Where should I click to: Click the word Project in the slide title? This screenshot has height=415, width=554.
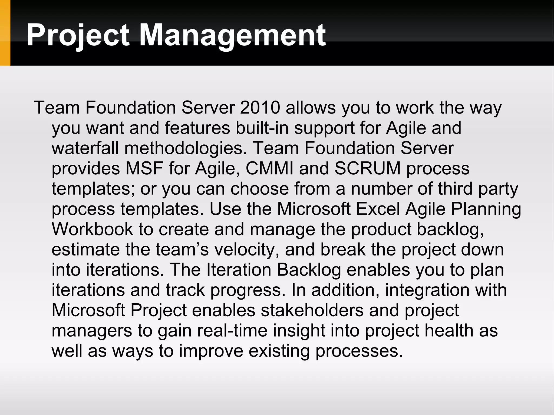click(x=78, y=35)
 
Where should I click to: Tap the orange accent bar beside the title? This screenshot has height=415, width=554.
click(x=5, y=33)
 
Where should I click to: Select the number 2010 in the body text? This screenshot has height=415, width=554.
click(x=260, y=108)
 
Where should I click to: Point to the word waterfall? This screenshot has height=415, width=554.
click(x=85, y=148)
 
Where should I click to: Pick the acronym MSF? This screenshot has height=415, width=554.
click(x=144, y=168)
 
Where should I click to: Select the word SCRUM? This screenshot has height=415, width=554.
click(x=367, y=168)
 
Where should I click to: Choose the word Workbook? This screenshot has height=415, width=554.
click(x=92, y=229)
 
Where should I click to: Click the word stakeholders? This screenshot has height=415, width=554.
click(x=312, y=310)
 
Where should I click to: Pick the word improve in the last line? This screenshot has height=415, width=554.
click(x=211, y=351)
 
